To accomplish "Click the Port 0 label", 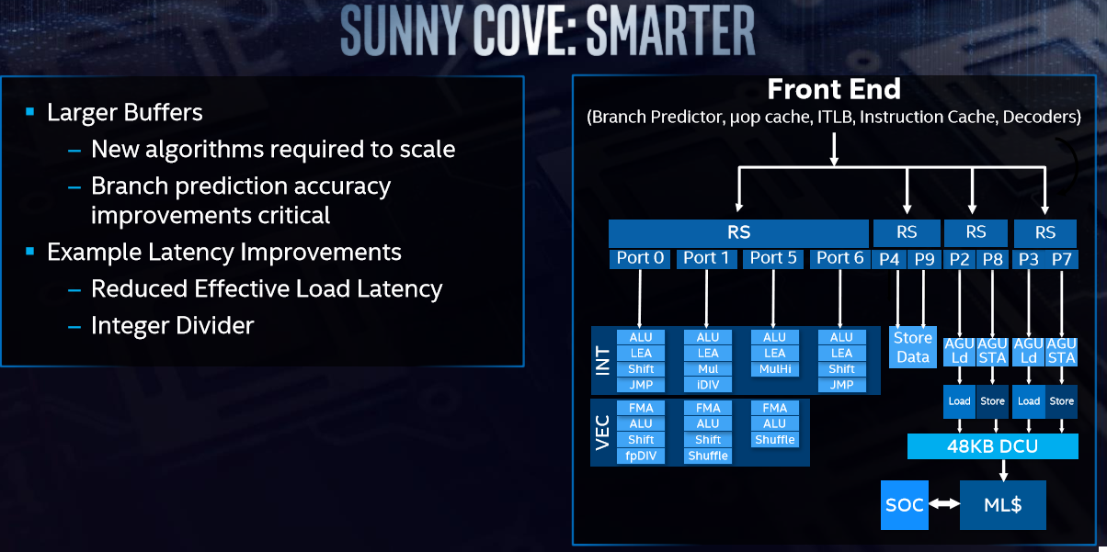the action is (640, 258).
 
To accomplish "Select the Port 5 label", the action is (773, 258).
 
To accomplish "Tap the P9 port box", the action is (924, 259).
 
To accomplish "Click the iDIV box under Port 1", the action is (708, 385).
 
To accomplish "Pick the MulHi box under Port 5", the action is (775, 369).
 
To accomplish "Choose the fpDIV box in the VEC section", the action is (641, 456).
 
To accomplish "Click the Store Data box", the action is (913, 347).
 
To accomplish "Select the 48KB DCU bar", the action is (993, 446).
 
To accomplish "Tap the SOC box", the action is (905, 505).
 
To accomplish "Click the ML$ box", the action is (1003, 505).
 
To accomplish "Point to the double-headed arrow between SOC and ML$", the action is (944, 504).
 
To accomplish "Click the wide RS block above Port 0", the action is (739, 232).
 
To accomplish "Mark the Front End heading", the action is (834, 89).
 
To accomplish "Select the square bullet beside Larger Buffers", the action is (30, 111).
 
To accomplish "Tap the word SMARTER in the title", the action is (670, 29).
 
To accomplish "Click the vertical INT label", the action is (603, 361).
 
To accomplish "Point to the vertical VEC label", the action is (603, 433).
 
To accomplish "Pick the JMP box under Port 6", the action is (841, 385).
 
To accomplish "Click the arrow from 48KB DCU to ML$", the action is (1003, 470).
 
